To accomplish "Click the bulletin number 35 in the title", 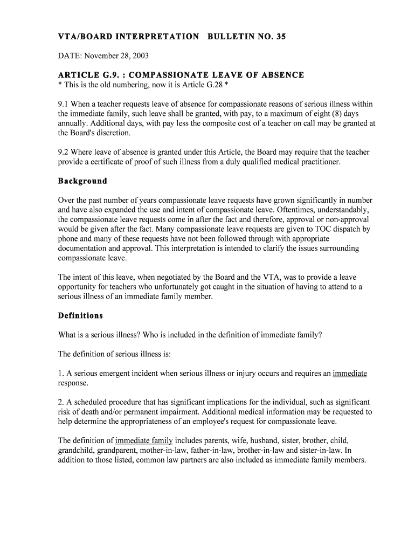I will tap(280, 37).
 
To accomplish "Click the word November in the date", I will tap(100, 56).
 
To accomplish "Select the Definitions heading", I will tap(80, 315).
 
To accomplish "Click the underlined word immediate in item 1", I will tap(350, 374).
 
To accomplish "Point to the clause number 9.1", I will tap(64, 104).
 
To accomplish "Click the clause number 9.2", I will tap(64, 153).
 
